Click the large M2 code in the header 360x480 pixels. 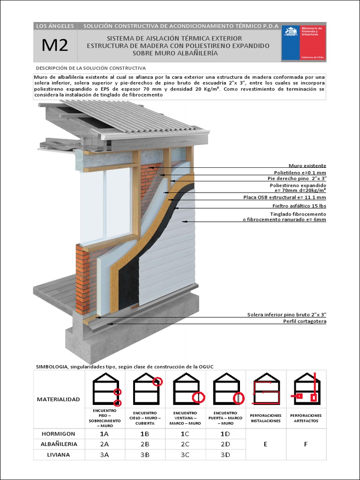pos(55,45)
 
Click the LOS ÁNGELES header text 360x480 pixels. pos(55,26)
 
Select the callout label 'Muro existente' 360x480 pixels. pos(307,166)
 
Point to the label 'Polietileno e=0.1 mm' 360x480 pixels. pos(300,172)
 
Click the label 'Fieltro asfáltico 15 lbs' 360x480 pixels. pos(299,205)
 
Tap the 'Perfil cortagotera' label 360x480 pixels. pos(304,321)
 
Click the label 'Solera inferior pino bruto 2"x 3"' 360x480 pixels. pos(286,315)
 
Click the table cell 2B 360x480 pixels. pos(145,443)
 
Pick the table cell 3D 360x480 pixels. pos(225,455)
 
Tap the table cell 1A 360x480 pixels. pos(105,433)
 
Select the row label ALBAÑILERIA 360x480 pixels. pos(59,443)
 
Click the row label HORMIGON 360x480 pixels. pos(59,433)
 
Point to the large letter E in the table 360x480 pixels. pos(265,444)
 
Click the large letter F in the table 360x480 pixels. pos(306,444)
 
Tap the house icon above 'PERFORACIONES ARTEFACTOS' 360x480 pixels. pos(307,389)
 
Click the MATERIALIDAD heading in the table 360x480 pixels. pos(58,399)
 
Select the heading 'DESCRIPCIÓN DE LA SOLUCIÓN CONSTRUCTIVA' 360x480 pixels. pos(91,68)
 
